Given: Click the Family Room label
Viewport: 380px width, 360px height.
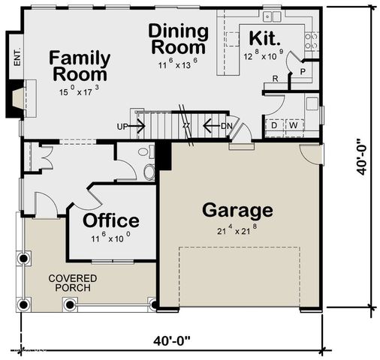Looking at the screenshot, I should point(80,67).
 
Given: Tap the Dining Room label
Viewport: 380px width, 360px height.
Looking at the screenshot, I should point(178,40).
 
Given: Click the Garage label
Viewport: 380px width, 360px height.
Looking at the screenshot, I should point(237,210).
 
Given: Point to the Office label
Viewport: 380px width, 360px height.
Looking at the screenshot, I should point(110,220).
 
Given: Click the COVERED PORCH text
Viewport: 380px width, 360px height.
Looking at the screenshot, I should point(72,283).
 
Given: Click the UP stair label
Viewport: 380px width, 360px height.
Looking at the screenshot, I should point(122,127).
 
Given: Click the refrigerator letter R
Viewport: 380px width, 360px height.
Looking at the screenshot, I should point(276,79).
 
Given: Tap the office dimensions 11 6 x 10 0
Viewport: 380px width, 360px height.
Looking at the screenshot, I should point(110,239).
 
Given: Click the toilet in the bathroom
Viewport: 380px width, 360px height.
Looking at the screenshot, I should point(149,172).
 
